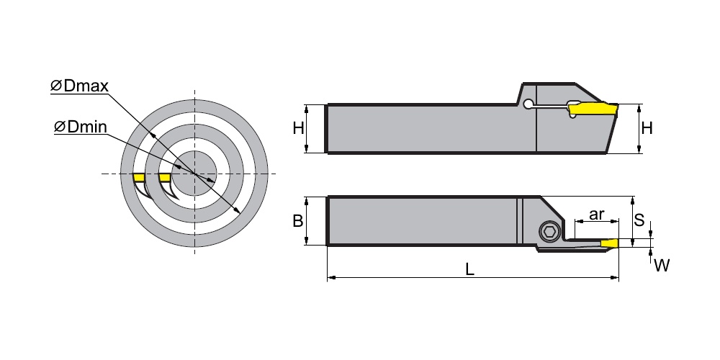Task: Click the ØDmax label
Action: coord(79,86)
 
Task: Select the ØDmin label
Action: coord(81,126)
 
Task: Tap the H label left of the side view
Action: coord(299,128)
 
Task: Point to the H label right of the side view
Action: coord(647,128)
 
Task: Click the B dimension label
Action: coord(298,221)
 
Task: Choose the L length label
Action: coord(469,269)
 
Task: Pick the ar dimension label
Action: coord(596,214)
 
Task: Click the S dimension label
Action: coord(639,220)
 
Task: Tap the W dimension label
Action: coord(662,265)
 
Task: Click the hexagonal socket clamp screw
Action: coord(549,233)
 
